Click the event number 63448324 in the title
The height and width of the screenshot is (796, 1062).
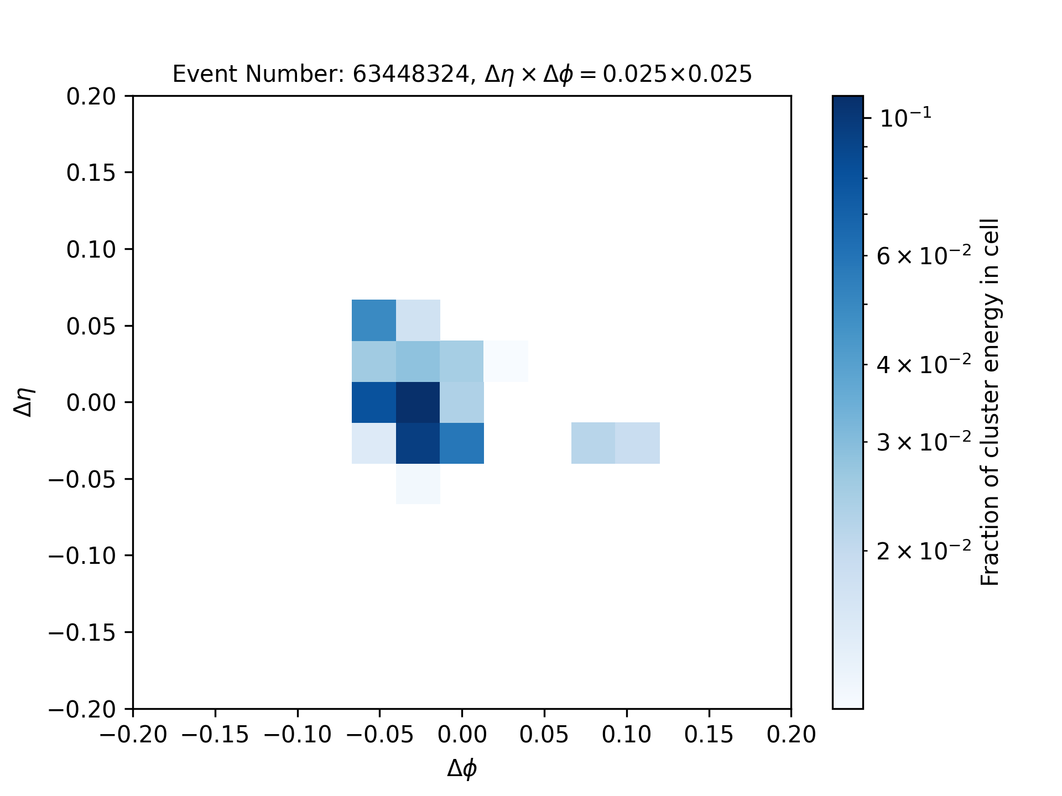click(x=410, y=74)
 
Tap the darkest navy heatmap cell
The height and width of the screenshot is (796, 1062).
click(x=418, y=402)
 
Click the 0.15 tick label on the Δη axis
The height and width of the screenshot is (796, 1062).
click(x=91, y=173)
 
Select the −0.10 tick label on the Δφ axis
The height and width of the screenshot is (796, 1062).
click(x=298, y=735)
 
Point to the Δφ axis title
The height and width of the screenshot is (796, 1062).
click(x=462, y=768)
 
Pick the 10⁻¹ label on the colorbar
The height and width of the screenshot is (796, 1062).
click(x=905, y=117)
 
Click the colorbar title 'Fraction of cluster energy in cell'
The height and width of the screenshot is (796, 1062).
click(x=990, y=402)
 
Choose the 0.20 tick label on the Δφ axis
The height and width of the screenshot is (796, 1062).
click(x=791, y=735)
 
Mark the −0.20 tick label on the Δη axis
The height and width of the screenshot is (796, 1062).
click(x=82, y=709)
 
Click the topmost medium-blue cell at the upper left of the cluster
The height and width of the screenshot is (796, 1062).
click(x=374, y=320)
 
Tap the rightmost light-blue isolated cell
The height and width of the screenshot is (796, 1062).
click(x=638, y=443)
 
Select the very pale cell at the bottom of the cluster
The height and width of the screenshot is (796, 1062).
click(x=418, y=484)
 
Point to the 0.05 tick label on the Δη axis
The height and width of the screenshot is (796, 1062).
click(x=91, y=326)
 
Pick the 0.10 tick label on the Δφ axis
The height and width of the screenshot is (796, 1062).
click(x=627, y=735)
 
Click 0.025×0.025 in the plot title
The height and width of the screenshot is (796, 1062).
click(x=677, y=74)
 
